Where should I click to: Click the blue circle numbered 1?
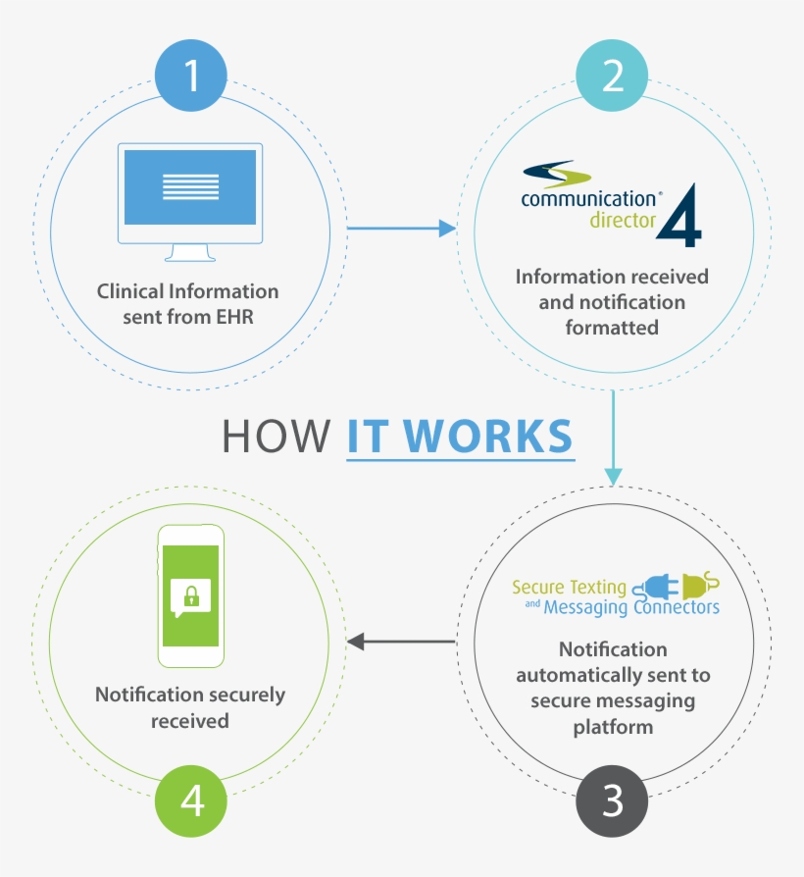coord(192,76)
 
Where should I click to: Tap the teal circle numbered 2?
coord(613,76)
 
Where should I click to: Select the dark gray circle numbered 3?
coord(613,801)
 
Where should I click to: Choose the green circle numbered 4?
coord(192,801)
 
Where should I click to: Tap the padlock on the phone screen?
coord(191,595)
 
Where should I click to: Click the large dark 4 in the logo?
coord(679,214)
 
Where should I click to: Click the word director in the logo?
coord(622,221)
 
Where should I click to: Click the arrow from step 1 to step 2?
coord(402,229)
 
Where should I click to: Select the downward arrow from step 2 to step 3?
coord(613,437)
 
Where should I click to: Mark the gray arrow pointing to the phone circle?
coord(402,642)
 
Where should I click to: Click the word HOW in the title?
coord(276,436)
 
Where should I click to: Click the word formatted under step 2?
coord(611,328)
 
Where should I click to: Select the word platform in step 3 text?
coord(613,727)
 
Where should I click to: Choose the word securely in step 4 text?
coord(241,695)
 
